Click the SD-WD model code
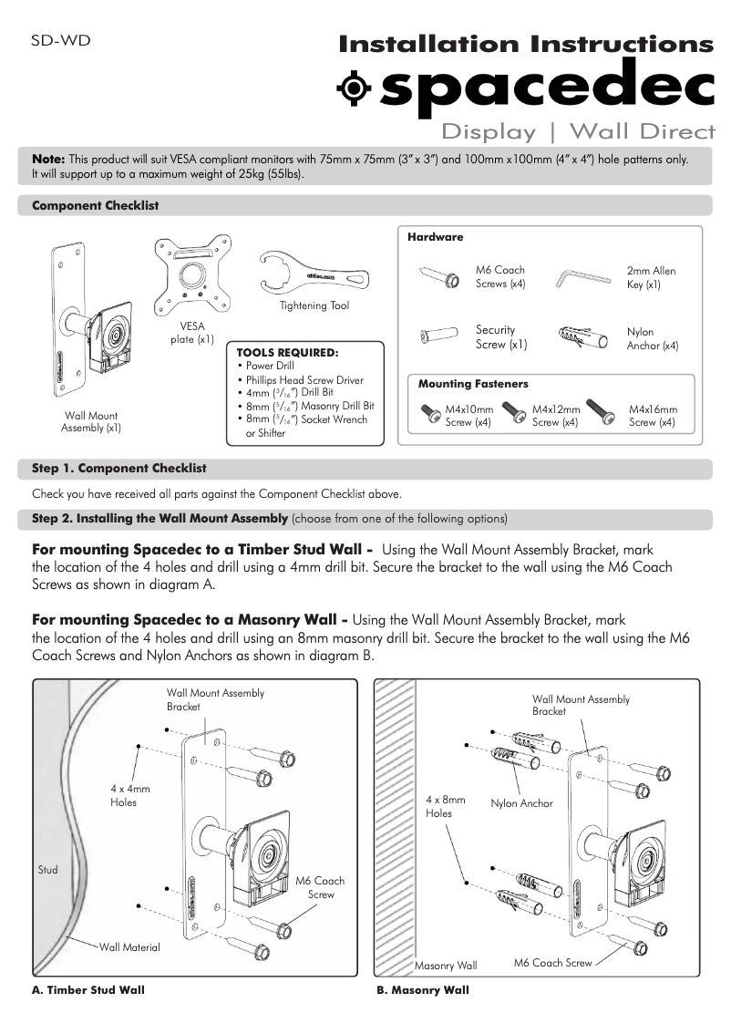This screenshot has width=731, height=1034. pos(60,40)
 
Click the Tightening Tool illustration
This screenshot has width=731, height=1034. pos(314,270)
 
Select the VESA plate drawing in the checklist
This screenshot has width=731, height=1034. pos(192,276)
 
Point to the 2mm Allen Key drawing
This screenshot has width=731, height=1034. pos(584,276)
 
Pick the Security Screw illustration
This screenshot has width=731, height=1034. pos(438,337)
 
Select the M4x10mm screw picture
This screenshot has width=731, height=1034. pos(430,415)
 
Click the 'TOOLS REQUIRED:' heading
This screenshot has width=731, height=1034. pos(287,351)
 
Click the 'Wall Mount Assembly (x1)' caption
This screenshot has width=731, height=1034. pos(91,421)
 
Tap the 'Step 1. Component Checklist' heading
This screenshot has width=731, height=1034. pos(119,468)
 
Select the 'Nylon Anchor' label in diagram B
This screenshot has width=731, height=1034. pos(521,803)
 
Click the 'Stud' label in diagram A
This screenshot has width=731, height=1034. pos(47,870)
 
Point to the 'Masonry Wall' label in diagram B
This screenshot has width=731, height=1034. pos(446,965)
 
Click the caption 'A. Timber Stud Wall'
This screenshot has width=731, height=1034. pos(88,989)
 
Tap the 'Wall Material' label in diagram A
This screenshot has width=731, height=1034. pos(129,947)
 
